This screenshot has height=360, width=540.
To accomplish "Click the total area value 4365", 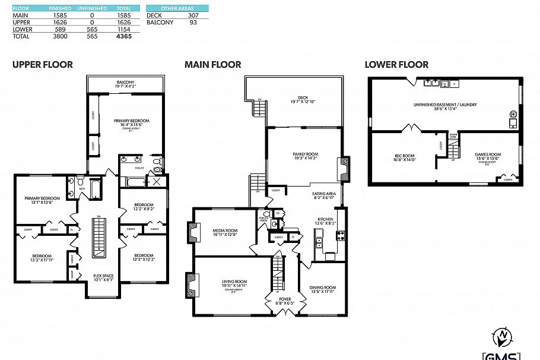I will pos(122,36).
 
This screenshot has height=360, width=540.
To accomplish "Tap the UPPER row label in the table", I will pos(21,22).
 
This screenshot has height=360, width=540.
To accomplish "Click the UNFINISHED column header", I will pos(92,8).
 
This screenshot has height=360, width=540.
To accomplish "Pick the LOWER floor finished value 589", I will pos(60,29).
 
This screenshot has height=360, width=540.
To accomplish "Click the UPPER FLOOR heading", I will pos(43,65).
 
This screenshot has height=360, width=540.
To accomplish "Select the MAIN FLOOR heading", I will pos(212,65).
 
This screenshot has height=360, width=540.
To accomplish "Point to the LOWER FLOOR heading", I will pos(396,65).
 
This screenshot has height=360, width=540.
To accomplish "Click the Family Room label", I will pos(305,154).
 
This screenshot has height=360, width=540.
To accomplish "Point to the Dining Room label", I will pos(322,288).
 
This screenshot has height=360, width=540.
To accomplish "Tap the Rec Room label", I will pos(405,156).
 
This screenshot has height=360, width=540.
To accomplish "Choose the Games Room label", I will pos(488,155).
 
